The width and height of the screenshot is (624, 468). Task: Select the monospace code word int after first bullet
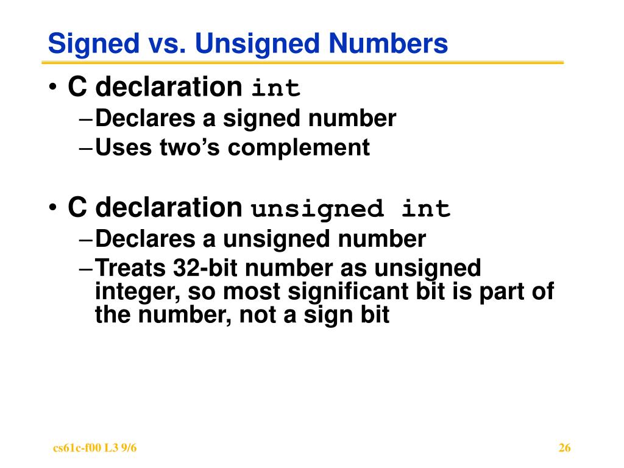click(277, 89)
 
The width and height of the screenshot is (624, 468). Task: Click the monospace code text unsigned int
click(352, 210)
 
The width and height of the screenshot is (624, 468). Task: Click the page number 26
click(564, 448)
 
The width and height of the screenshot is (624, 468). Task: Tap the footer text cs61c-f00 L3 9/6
click(95, 448)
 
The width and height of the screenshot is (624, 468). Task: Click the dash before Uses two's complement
click(87, 147)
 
